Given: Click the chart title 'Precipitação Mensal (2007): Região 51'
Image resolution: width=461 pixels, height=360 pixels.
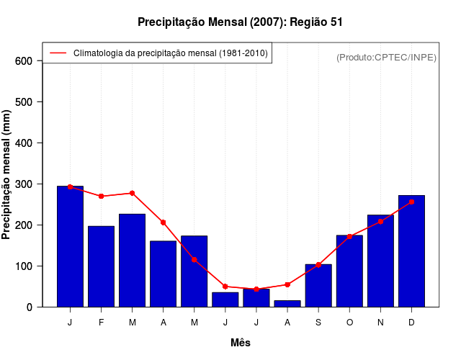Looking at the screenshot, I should [x=240, y=22].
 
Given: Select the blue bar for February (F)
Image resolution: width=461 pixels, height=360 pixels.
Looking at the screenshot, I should [x=101, y=266].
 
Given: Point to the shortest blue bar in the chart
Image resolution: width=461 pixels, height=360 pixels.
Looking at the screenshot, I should [x=287, y=303].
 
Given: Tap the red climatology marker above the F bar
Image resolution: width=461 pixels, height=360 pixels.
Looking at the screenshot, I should [x=101, y=196].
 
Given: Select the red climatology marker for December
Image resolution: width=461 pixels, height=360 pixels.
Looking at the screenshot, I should [x=411, y=202].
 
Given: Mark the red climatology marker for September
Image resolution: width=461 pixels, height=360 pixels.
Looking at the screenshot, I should [x=318, y=265].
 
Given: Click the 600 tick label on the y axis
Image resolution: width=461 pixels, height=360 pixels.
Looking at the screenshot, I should [x=24, y=61].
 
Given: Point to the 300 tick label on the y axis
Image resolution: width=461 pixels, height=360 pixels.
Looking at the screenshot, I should [x=24, y=184].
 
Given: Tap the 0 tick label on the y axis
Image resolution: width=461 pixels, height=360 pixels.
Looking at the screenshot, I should [x=30, y=307].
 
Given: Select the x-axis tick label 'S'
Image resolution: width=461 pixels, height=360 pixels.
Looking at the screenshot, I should [x=318, y=323].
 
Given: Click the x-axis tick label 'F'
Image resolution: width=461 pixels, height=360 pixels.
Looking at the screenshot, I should [x=101, y=323].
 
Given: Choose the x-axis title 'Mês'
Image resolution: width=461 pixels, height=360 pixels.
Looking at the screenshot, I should [x=241, y=343].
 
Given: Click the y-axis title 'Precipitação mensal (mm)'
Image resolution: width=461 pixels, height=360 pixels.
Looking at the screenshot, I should [x=7, y=174].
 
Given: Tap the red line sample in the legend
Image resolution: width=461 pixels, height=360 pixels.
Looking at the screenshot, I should [x=58, y=53].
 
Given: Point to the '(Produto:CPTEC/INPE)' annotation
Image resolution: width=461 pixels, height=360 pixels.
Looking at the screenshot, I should [x=386, y=57].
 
